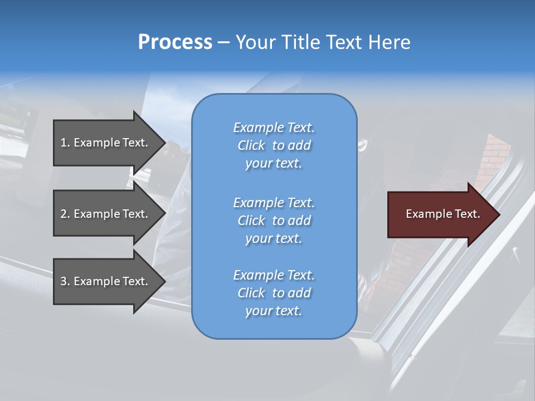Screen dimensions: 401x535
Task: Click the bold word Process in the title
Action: [x=175, y=42]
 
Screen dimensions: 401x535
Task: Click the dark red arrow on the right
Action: [x=440, y=214]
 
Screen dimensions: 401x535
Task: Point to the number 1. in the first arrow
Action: [x=65, y=143]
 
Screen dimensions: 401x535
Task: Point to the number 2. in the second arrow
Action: [x=65, y=214]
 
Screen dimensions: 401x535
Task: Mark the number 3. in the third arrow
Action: [x=65, y=281]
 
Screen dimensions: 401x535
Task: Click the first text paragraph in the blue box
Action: [x=274, y=145]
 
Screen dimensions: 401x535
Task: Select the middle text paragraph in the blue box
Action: [x=274, y=221]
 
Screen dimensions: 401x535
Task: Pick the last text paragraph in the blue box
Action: [x=274, y=293]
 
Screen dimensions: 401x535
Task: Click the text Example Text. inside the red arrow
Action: [x=442, y=214]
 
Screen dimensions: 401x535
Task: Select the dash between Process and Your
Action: [x=224, y=42]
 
